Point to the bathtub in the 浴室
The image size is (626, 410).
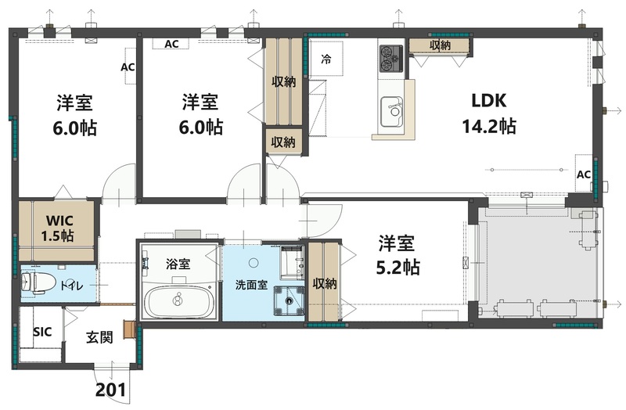click(x=179, y=302)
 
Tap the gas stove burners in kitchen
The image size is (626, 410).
click(x=390, y=54)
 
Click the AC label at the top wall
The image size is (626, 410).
click(x=171, y=44)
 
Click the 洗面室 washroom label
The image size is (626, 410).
click(x=252, y=285)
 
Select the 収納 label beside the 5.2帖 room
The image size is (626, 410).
click(x=325, y=283)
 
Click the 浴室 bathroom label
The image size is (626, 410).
click(x=178, y=264)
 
